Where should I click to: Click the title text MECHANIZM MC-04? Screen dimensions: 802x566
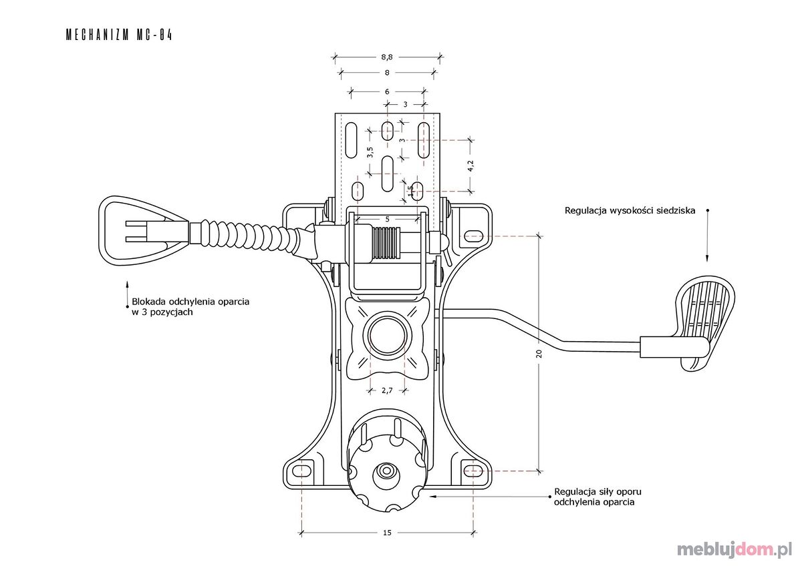point(119,35)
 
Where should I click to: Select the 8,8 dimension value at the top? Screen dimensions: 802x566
point(387,57)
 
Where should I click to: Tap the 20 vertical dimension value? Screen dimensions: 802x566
point(539,354)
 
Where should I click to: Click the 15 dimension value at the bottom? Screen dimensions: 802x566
point(387,533)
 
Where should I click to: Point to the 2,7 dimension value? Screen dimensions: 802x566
point(387,390)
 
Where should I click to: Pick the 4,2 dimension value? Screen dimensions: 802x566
point(471,166)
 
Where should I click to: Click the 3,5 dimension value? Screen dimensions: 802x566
point(370,152)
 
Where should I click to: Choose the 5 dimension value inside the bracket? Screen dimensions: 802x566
point(387,219)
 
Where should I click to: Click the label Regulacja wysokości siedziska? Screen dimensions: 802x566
point(630,210)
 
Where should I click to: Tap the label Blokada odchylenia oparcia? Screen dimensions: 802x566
point(190,302)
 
